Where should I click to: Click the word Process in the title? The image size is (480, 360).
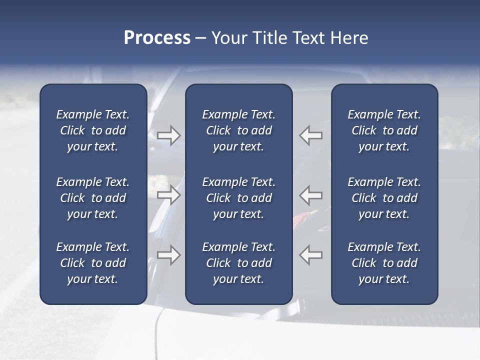(x=157, y=38)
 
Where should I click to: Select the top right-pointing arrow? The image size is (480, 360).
(x=168, y=135)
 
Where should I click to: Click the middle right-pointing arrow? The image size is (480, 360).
(x=168, y=194)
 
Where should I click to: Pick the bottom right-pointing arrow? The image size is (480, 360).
(x=168, y=255)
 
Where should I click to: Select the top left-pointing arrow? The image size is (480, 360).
(x=311, y=135)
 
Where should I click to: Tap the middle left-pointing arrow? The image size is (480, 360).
(x=311, y=194)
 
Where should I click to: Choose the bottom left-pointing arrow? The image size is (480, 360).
(x=311, y=255)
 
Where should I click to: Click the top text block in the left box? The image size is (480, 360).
(x=93, y=130)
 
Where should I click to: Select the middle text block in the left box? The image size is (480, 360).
(x=93, y=198)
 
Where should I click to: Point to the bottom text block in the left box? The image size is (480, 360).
(x=93, y=263)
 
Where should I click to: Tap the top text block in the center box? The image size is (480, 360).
(x=238, y=130)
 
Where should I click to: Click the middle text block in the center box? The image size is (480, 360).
(x=238, y=198)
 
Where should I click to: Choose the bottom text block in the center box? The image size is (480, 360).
(x=238, y=263)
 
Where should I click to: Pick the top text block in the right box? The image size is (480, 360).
(x=384, y=130)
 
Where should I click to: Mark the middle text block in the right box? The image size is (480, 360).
(x=384, y=198)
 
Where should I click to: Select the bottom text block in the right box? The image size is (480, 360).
(x=384, y=263)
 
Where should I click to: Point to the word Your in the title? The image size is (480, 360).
(x=227, y=38)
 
